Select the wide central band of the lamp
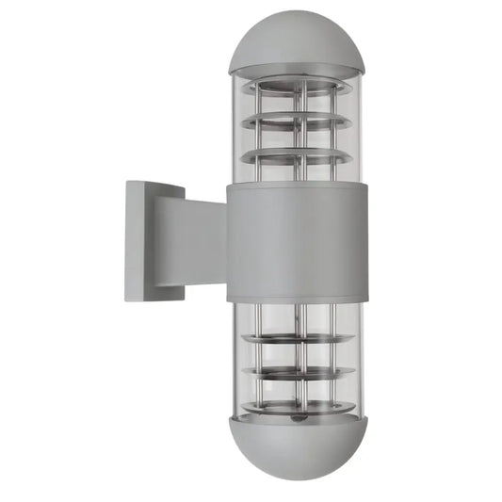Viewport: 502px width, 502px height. click(x=294, y=241)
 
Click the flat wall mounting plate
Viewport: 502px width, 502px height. click(x=140, y=240)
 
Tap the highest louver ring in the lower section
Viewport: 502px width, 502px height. click(x=294, y=337)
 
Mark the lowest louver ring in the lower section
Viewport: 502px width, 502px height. click(x=294, y=408)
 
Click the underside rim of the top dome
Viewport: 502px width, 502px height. click(x=294, y=72)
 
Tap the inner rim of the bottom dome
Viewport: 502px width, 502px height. click(x=294, y=421)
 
